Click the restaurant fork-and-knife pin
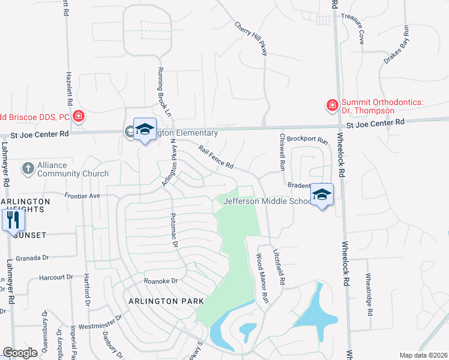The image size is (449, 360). (x=13, y=220)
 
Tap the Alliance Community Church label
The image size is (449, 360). (x=73, y=169)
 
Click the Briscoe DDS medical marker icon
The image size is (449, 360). (x=78, y=116)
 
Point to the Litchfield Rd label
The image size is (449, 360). (x=278, y=267)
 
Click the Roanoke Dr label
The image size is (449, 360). (x=161, y=281)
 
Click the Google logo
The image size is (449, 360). (x=20, y=353)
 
